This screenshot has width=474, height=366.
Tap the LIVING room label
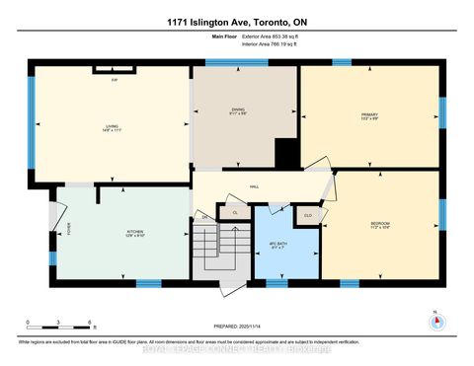pos(112,127)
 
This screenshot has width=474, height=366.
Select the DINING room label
pos(238,110)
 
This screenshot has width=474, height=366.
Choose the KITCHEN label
pos(135,233)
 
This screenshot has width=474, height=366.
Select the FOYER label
pos(69,230)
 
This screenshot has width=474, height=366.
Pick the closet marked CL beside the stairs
pos(235,212)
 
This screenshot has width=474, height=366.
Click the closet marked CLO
pos(307,213)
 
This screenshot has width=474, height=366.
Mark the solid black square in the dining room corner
pos(285,153)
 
